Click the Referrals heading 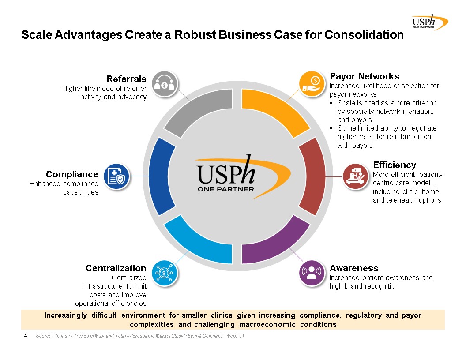pos(126,79)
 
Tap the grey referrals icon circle pos(165,84)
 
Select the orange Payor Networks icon pos(312,84)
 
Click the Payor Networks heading pos(365,76)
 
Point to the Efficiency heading pos(395,165)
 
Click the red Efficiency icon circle pos(355,176)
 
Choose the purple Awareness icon pos(312,273)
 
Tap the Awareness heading pos(354,268)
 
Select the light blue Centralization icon pos(165,273)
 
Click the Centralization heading pos(116,268)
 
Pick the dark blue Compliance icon pos(116,176)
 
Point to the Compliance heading pos(72,174)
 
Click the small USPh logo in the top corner pos(430,22)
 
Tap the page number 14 pos(24,335)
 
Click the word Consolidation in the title pos(364,35)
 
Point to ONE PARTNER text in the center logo pos(226,189)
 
